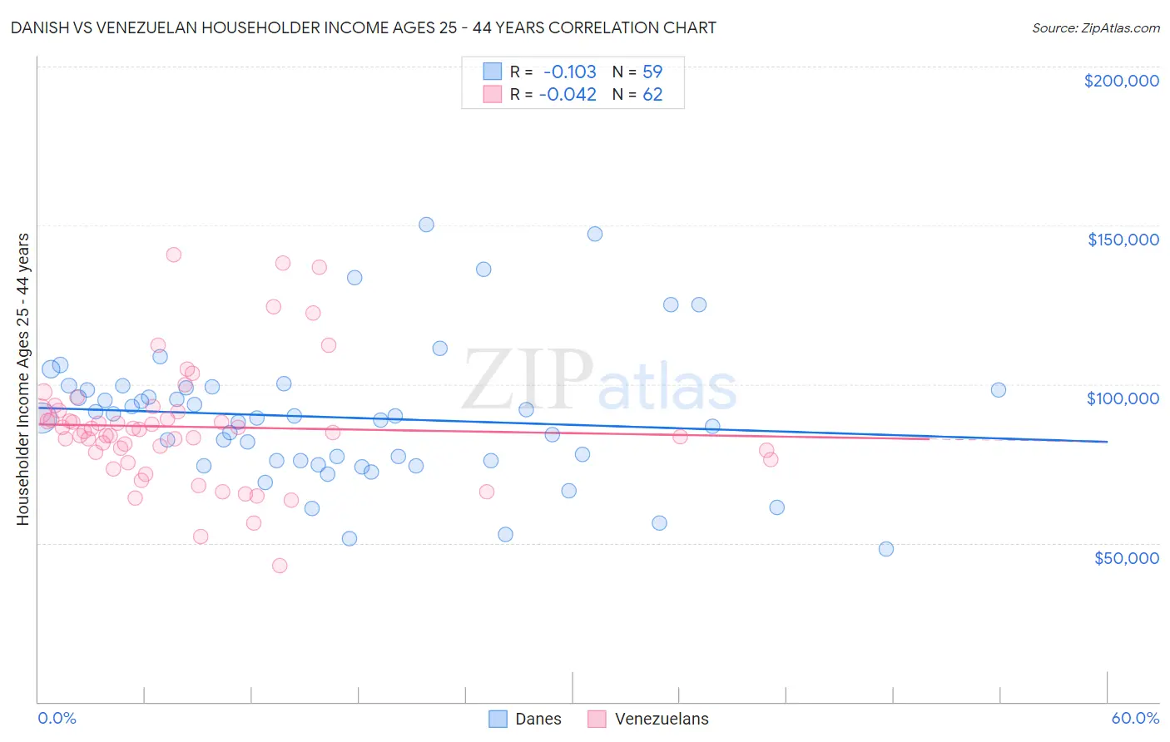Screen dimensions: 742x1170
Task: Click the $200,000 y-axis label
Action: (1121, 81)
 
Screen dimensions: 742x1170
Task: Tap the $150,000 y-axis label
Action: (1123, 240)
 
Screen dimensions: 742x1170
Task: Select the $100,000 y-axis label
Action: (1123, 398)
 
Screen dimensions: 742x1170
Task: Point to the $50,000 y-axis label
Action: (1126, 557)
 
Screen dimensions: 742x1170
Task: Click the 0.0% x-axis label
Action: (57, 718)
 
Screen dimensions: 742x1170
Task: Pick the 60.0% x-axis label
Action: (1135, 718)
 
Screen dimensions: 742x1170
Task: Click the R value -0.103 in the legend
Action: (570, 72)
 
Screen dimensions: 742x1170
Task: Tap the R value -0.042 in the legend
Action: (568, 94)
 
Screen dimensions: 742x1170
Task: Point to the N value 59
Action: (652, 72)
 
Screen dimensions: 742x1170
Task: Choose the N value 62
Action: (652, 94)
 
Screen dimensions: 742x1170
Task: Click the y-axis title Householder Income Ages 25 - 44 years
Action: (22, 379)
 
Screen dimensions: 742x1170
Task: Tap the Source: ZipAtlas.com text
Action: (1095, 27)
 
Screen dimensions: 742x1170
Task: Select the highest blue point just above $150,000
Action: (426, 225)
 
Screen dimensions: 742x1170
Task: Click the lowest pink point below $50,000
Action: (280, 566)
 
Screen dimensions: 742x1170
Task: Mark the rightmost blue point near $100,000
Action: (999, 390)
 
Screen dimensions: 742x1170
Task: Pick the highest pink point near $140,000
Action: (174, 255)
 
